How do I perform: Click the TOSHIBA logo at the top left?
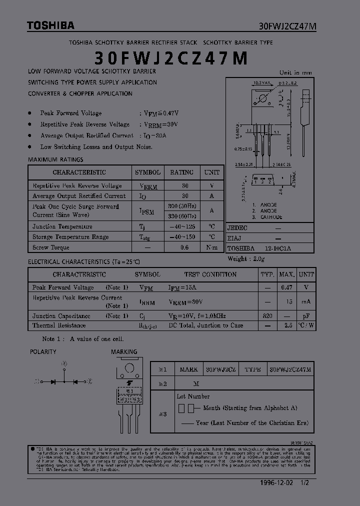(x=50, y=25)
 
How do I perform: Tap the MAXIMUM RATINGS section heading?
(x=55, y=160)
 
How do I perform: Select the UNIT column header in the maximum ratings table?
(x=211, y=172)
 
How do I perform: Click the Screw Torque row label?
(x=51, y=247)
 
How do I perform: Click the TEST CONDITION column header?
(x=210, y=274)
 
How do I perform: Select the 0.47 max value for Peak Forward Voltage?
(x=286, y=287)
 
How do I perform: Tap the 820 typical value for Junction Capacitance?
(x=267, y=316)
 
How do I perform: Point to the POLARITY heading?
(x=43, y=352)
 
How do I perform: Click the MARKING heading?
(x=124, y=352)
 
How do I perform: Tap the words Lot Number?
(x=193, y=396)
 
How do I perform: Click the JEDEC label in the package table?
(x=237, y=227)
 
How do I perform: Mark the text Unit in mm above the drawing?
(x=295, y=72)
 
